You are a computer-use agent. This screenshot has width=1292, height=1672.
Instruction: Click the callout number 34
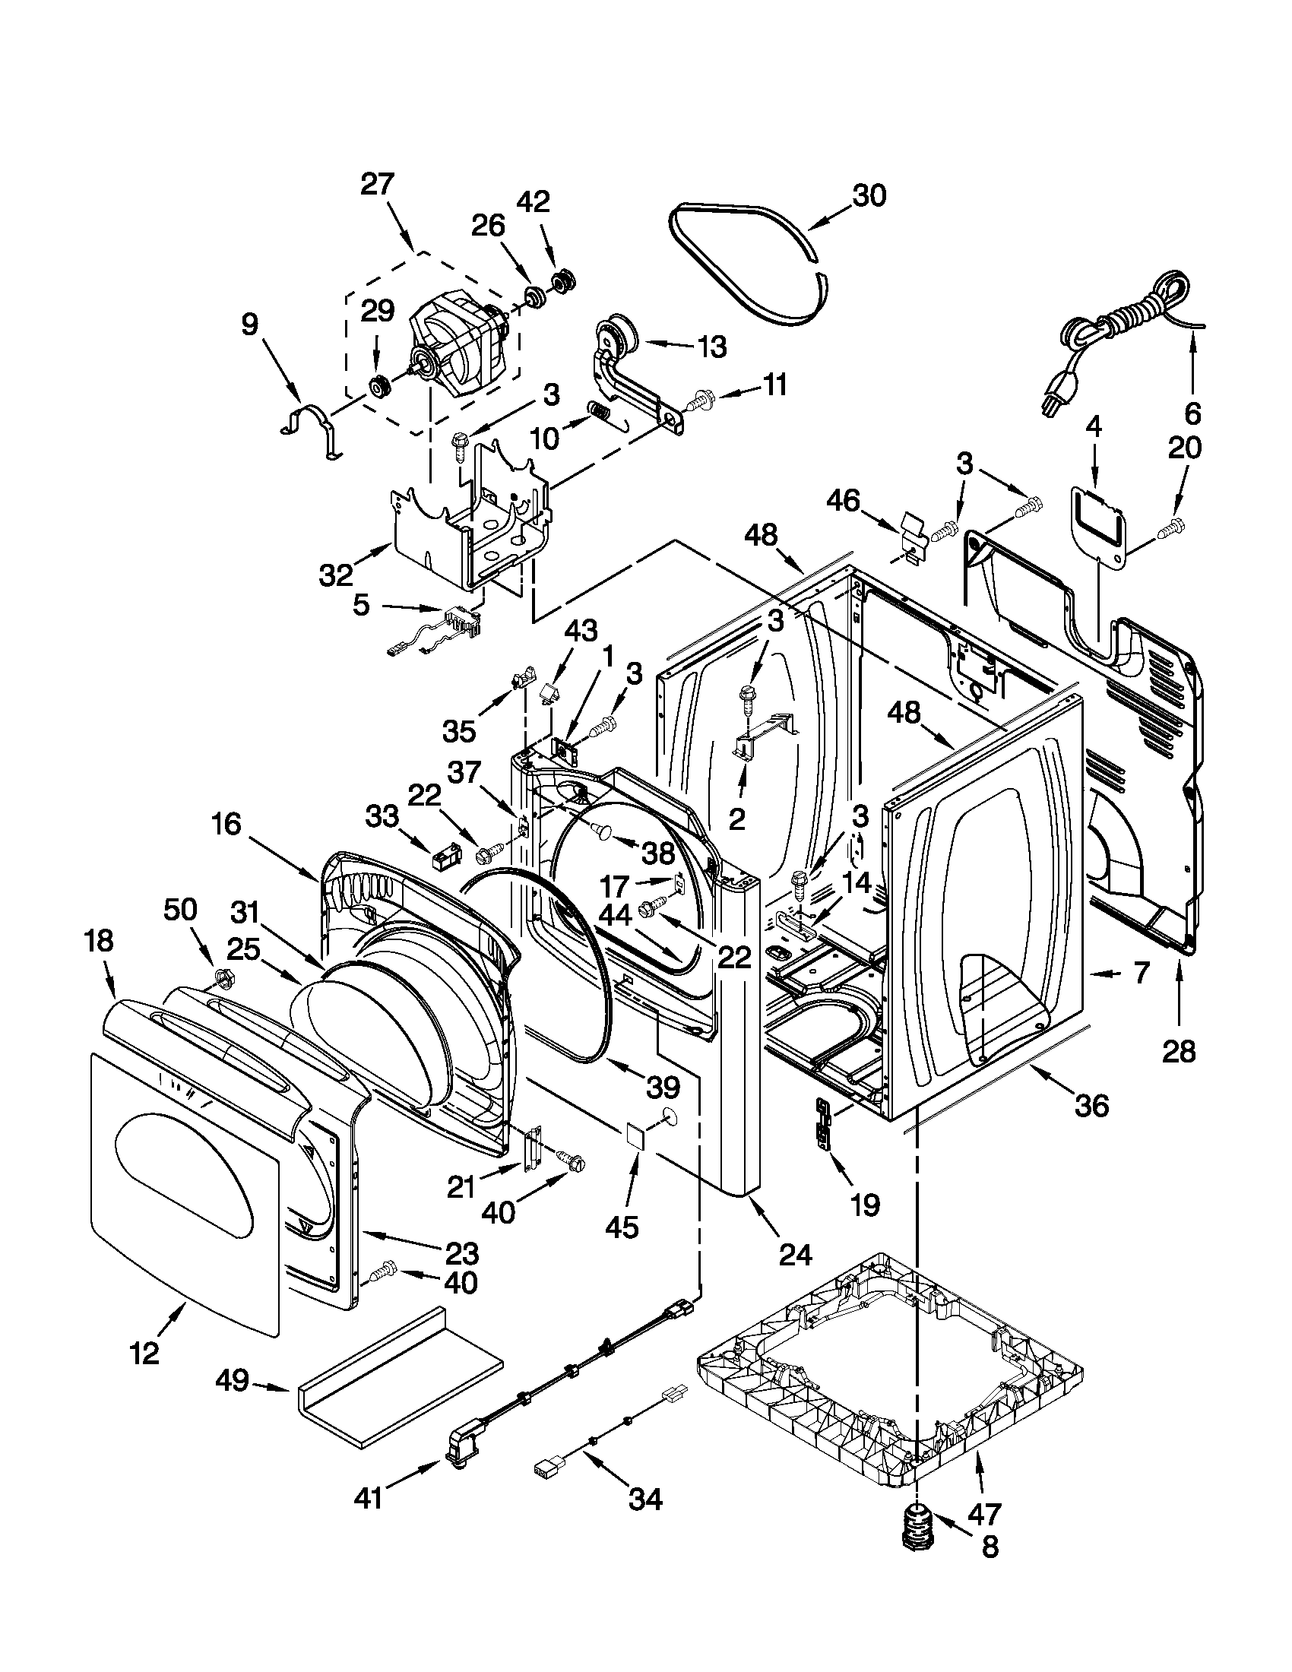point(645,1499)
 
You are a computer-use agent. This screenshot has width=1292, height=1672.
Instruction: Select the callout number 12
point(144,1353)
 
